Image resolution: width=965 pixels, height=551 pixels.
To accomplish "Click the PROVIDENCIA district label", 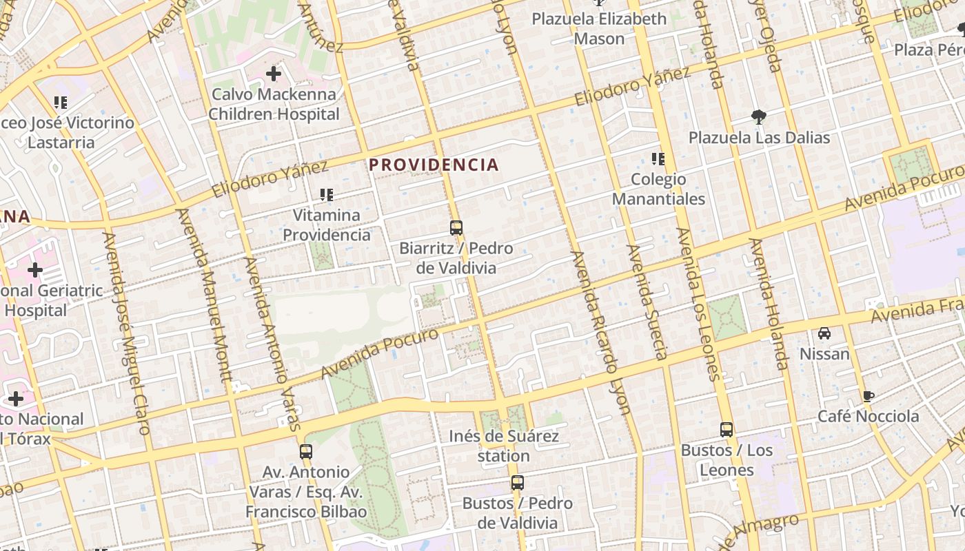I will coord(433,165).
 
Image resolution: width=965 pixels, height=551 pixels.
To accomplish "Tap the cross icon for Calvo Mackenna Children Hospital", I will coord(274,73).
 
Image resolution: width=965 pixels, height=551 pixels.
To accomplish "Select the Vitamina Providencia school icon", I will coord(327,195).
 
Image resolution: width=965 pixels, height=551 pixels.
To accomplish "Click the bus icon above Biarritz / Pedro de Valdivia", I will coord(456,228).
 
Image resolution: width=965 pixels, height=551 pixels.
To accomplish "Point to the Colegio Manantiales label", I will coord(658,189).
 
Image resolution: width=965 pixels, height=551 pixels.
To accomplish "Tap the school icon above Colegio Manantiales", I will coord(658,160).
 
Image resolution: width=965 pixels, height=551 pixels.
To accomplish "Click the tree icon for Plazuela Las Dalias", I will coord(759,117).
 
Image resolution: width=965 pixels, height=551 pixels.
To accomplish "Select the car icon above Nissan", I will coord(824,333).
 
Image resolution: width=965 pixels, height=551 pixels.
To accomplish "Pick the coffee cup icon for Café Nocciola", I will coord(868,396).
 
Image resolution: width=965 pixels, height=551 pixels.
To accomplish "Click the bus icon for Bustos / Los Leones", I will coord(727,430).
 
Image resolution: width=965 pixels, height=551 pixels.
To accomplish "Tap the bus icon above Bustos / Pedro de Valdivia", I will coord(518,483).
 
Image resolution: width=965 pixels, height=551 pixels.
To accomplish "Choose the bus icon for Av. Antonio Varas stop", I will coord(306,452).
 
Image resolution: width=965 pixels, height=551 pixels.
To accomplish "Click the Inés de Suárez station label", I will coord(503,446).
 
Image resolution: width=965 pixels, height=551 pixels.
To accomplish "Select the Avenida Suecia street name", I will coord(647,302).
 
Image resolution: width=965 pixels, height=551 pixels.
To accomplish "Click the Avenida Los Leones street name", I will coord(698,304).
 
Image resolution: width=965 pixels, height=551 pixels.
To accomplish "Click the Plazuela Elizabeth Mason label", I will coord(599,28).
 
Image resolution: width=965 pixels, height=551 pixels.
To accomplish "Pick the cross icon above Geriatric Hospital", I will coord(35,269).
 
